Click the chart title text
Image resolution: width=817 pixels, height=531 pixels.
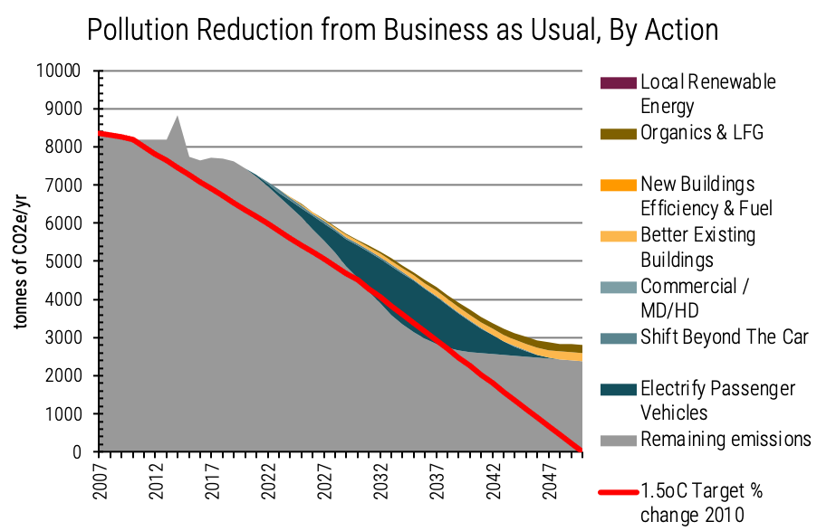tap(403, 29)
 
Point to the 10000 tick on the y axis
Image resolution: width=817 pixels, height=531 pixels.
tap(62, 71)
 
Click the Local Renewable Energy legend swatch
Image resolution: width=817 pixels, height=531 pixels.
tap(617, 82)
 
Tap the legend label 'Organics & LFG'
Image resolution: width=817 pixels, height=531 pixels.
tap(701, 133)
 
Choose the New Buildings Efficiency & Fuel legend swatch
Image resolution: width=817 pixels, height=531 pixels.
tap(617, 185)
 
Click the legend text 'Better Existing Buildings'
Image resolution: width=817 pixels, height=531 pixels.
tap(697, 248)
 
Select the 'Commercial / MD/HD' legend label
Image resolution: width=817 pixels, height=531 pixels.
tap(695, 299)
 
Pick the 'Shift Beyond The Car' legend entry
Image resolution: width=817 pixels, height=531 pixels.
tap(724, 337)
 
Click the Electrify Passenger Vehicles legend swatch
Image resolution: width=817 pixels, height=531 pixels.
tap(617, 389)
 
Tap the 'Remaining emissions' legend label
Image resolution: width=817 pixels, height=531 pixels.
tap(726, 440)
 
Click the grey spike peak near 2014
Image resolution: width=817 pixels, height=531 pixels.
tap(178, 117)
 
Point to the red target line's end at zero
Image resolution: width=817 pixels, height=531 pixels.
tap(581, 450)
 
